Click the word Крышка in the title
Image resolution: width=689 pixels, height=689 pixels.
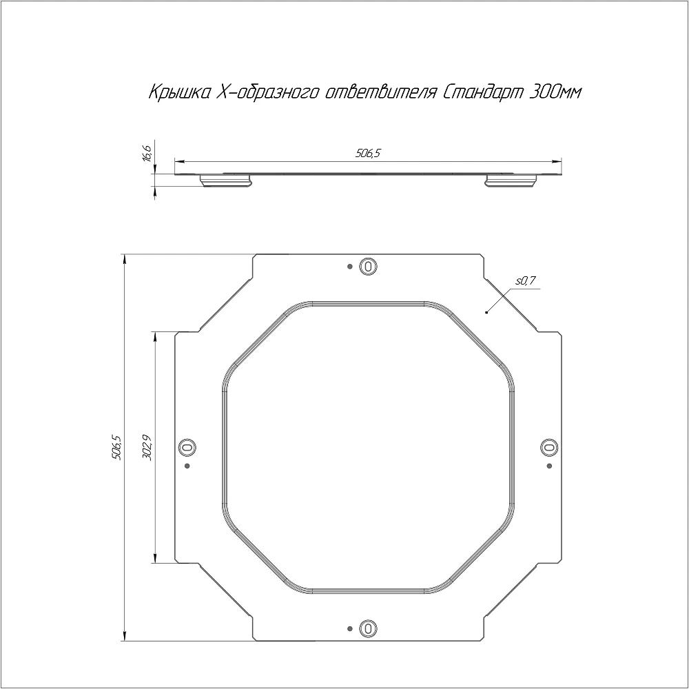point(179,93)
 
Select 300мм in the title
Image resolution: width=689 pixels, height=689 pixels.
point(556,92)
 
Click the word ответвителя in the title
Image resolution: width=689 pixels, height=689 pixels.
point(381,93)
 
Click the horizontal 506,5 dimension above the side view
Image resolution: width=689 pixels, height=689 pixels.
point(368,154)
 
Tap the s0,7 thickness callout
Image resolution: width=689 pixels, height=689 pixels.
point(526,281)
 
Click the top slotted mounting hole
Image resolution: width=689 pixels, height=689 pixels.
point(368,266)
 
